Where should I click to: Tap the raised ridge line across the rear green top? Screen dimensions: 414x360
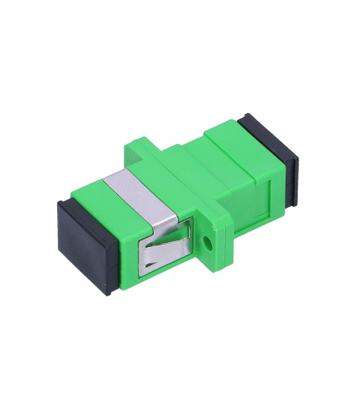click(x=233, y=160)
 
